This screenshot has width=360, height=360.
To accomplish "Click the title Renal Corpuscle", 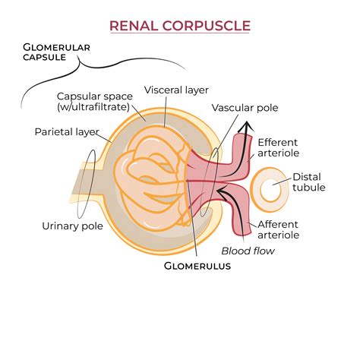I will click(180, 26).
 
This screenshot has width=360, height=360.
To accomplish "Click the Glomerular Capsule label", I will click(56, 52).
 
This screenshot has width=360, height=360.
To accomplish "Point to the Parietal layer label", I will click(68, 131).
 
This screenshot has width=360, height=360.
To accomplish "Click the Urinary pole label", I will click(70, 225).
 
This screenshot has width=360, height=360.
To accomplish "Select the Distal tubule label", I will click(309, 182).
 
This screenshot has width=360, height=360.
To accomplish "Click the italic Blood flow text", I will click(248, 251).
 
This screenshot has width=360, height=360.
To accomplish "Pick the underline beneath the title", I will click(180, 35).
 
